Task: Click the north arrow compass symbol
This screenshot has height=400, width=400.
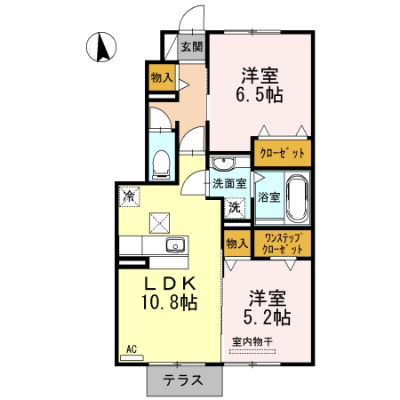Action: click(x=101, y=47)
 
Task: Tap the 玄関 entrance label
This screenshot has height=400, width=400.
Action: click(x=192, y=46)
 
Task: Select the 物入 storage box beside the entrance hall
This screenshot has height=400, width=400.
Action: click(x=162, y=77)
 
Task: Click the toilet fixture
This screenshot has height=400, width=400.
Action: click(x=161, y=165)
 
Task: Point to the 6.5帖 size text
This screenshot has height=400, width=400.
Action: click(x=260, y=95)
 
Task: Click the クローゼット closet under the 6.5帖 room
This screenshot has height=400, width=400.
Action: click(x=283, y=153)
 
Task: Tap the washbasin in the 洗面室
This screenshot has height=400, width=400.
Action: click(x=222, y=163)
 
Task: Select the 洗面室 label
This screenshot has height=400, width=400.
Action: click(x=229, y=184)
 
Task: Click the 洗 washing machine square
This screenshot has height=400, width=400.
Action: click(x=235, y=208)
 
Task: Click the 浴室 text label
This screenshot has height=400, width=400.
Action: click(x=268, y=196)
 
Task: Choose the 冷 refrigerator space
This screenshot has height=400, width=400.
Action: click(x=129, y=196)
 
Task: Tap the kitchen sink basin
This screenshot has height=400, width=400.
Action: click(x=176, y=245)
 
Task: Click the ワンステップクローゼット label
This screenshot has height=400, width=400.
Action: click(x=283, y=244)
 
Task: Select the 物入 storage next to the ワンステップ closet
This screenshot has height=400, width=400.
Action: click(x=237, y=244)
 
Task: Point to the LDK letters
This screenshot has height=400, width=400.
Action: click(x=170, y=284)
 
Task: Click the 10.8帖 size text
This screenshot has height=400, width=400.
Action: click(x=170, y=302)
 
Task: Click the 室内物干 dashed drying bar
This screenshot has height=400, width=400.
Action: click(x=252, y=352)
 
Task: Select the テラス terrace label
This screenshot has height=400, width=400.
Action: click(x=183, y=380)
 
